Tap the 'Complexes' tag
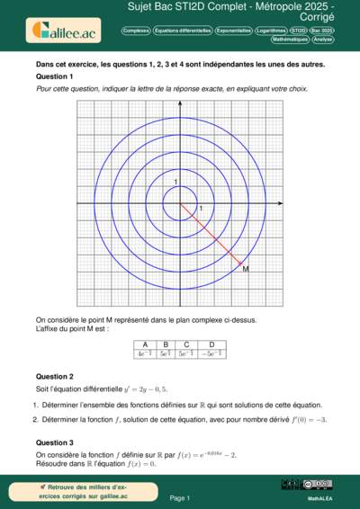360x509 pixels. (x=135, y=30)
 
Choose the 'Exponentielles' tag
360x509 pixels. (x=234, y=30)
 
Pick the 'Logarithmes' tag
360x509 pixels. (x=271, y=30)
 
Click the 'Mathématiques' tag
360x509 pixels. (x=290, y=40)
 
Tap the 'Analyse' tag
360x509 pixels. (x=323, y=40)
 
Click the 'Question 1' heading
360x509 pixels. (x=54, y=77)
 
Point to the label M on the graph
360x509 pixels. (x=247, y=269)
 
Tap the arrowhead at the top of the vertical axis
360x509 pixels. (x=179, y=102)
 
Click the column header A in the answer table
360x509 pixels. (x=143, y=344)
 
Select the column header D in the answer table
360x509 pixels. (x=211, y=344)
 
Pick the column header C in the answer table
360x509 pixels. (x=186, y=344)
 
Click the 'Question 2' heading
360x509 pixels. (x=54, y=376)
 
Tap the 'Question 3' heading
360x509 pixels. (x=54, y=442)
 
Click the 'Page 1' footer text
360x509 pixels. (x=179, y=496)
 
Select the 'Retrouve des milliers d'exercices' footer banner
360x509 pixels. (x=74, y=491)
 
